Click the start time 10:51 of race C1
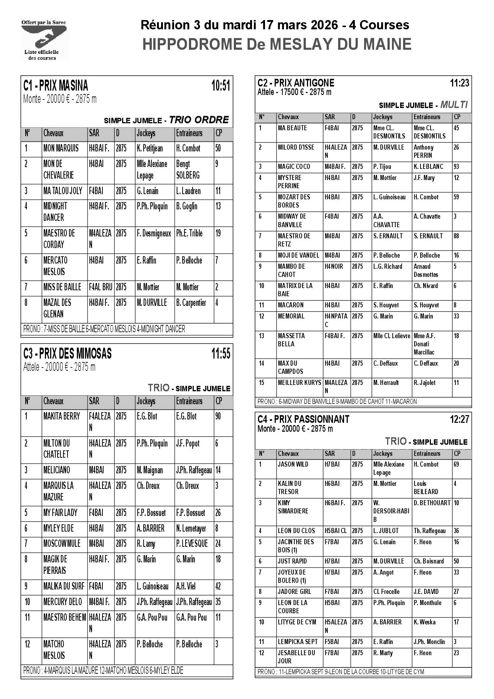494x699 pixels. click(220, 86)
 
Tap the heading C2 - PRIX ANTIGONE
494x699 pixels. click(295, 83)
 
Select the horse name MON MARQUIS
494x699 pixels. click(61, 148)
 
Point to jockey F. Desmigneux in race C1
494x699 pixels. click(154, 233)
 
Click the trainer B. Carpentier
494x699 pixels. click(191, 303)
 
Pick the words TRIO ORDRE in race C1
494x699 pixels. click(199, 120)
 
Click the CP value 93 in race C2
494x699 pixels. click(456, 167)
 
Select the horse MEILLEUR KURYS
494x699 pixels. click(299, 383)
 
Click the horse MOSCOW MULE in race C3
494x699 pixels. click(62, 544)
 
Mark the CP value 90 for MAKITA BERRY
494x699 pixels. click(218, 417)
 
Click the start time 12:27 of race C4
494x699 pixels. click(459, 419)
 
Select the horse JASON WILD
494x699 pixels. click(293, 464)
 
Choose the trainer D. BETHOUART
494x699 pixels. click(432, 503)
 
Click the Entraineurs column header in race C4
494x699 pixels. click(427, 454)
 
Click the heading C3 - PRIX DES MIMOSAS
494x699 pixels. click(67, 353)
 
